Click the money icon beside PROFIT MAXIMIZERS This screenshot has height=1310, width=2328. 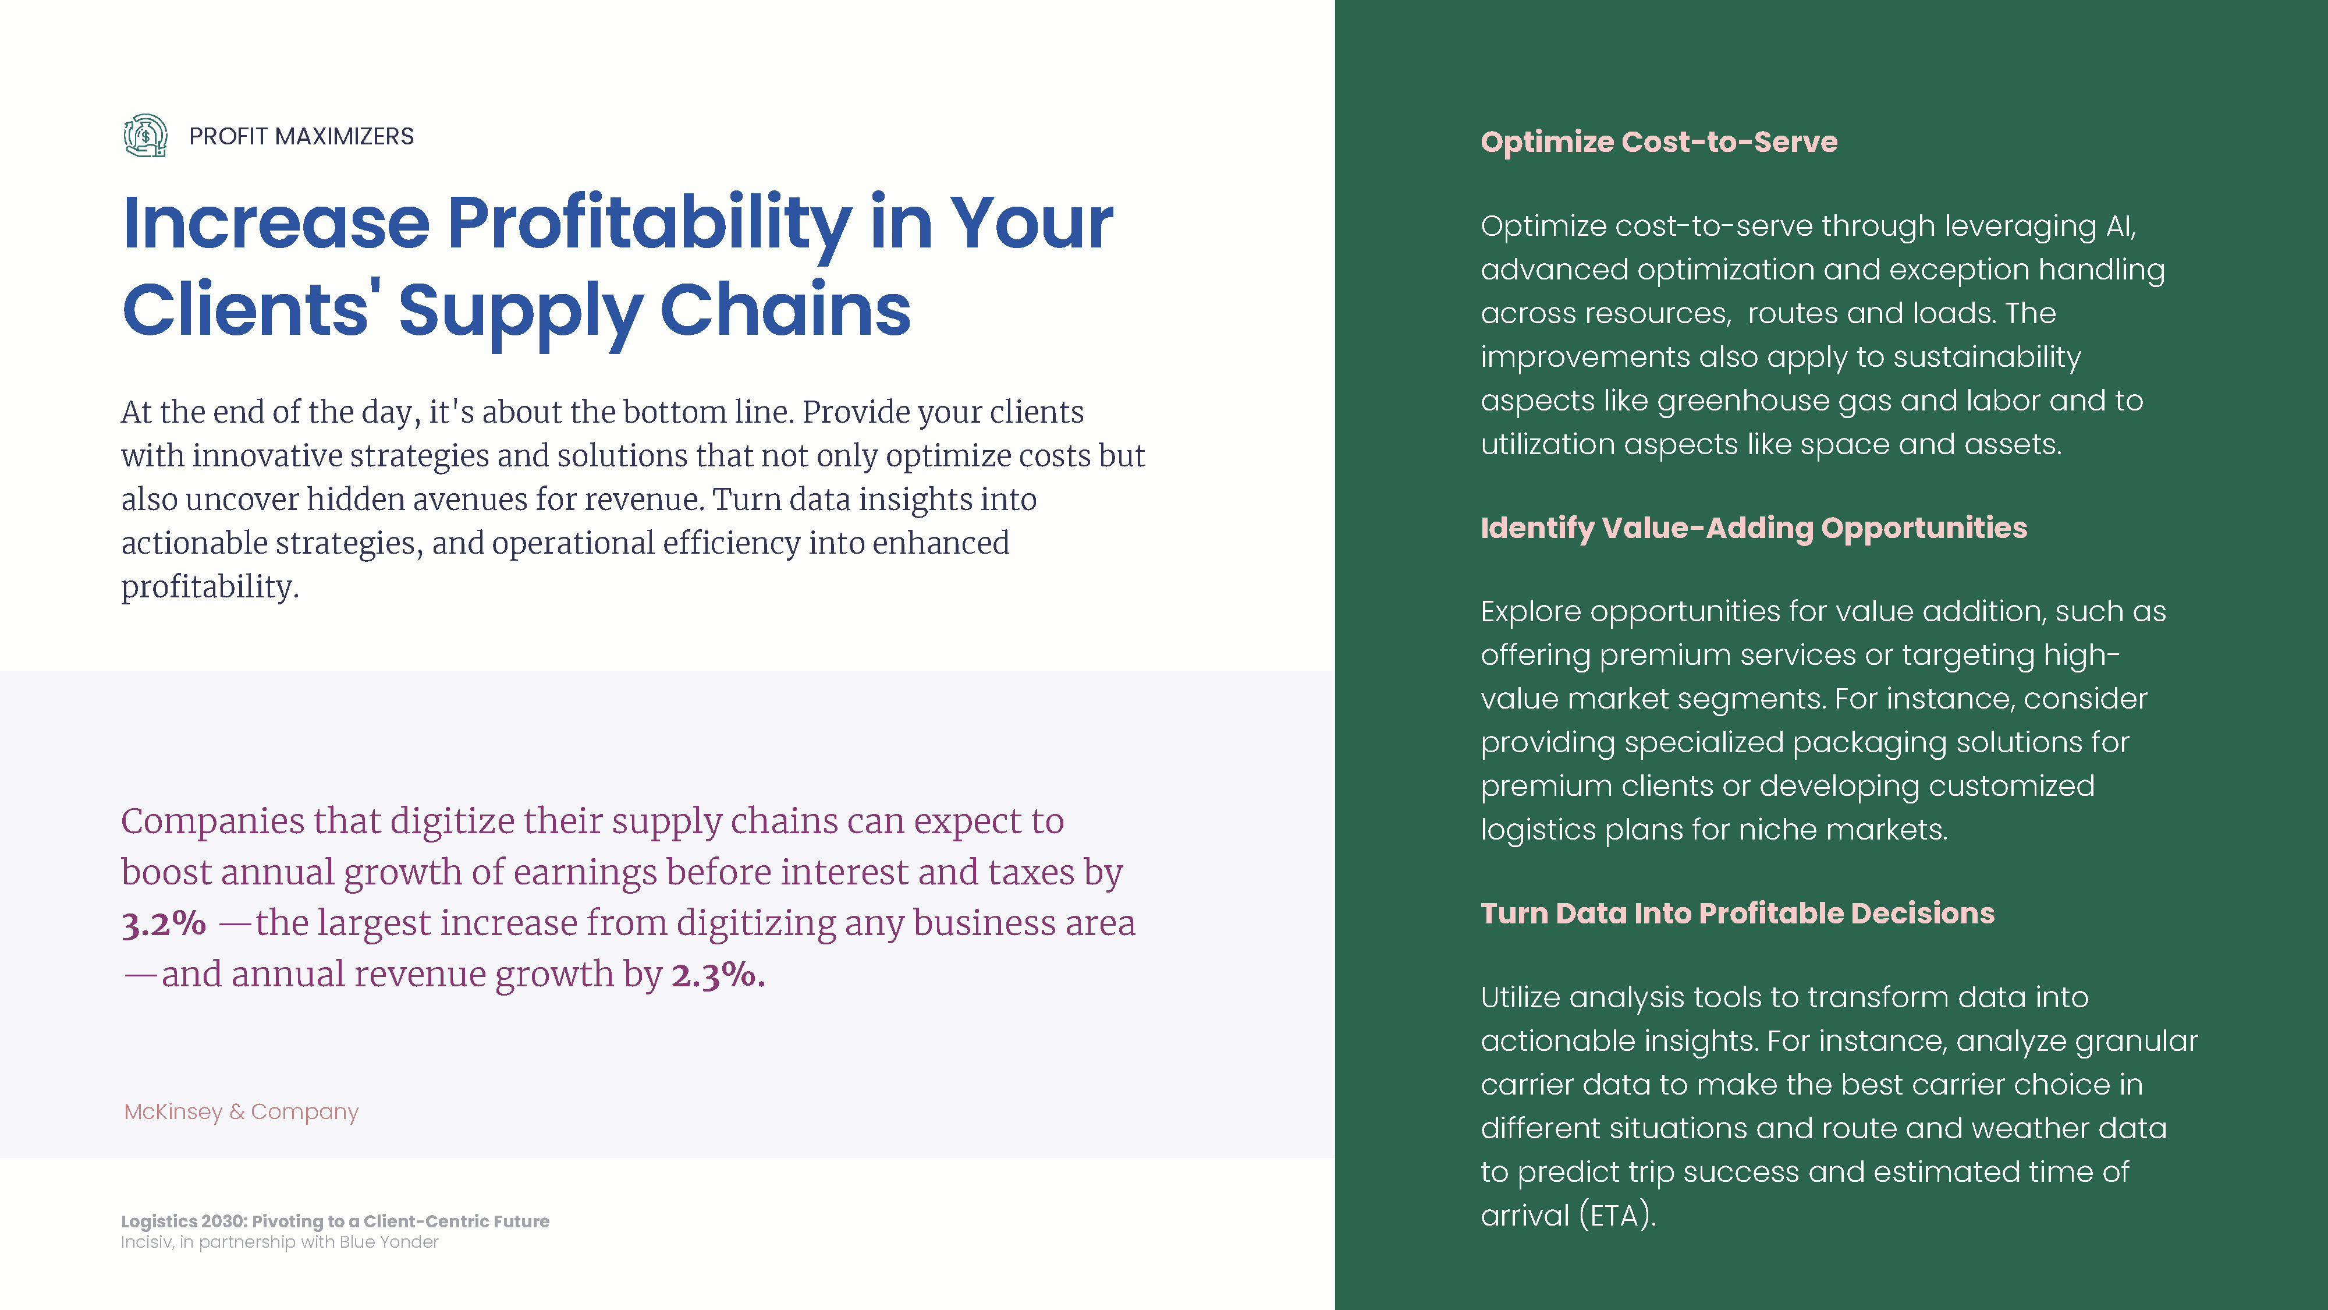[145, 136]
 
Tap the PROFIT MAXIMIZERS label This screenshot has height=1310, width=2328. [301, 136]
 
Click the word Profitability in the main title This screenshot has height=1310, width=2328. [650, 224]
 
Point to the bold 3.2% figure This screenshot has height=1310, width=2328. [164, 923]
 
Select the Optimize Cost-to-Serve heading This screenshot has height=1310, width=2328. [1658, 142]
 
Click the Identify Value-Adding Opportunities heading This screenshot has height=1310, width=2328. [1753, 528]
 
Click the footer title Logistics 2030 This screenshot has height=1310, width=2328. [335, 1222]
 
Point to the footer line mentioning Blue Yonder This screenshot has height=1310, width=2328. [279, 1242]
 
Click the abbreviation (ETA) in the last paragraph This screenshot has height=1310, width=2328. [1618, 1215]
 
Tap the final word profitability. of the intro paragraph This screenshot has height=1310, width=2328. [210, 587]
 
